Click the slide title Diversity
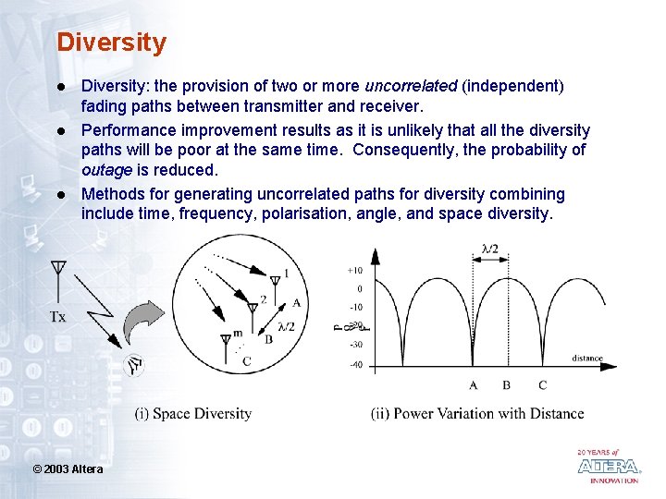pos(111,43)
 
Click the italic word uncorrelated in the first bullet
pos(411,86)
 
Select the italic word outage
pos(108,170)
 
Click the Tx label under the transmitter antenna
pos(57,317)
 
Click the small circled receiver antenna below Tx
pos(135,366)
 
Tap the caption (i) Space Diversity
pos(192,413)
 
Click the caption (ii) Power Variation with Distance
pos(477,413)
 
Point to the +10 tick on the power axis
pos(354,270)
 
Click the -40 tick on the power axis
pos(354,364)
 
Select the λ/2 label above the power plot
pos(490,249)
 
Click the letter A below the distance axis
pos(474,385)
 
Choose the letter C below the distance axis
pos(541,385)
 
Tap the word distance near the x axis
pos(586,359)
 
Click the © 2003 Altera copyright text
pos(68,469)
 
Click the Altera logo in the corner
pos(608,466)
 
